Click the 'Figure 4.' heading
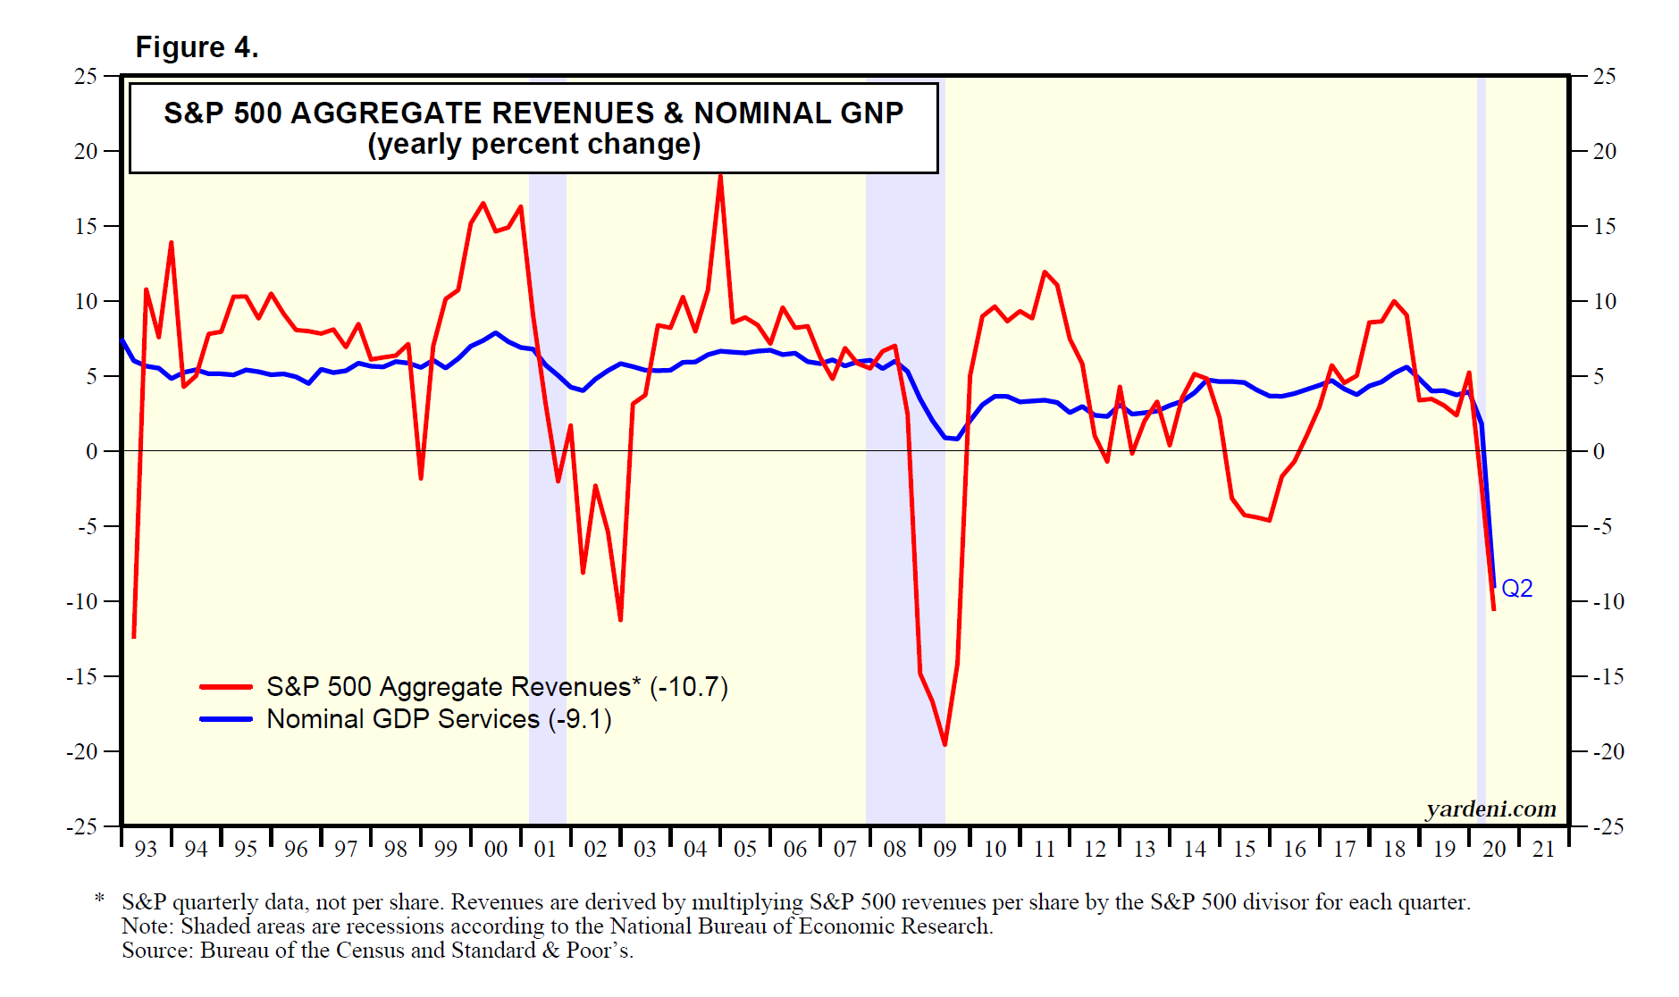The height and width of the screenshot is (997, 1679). [x=197, y=47]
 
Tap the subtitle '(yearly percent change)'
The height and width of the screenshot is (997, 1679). [x=533, y=145]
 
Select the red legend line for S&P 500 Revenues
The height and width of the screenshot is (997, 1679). [x=225, y=687]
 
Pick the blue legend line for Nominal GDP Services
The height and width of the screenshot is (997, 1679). [x=225, y=719]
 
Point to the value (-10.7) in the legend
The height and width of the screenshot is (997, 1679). [x=689, y=687]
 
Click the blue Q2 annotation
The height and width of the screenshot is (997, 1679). [x=1516, y=589]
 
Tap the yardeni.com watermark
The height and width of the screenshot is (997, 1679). [x=1490, y=808]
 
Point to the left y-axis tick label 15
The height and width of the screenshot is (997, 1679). [x=86, y=226]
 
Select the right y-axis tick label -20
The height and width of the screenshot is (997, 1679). [x=1608, y=751]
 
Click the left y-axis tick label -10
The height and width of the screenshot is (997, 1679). [x=82, y=601]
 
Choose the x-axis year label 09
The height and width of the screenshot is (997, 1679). [x=944, y=850]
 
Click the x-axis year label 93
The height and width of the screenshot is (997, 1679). [x=146, y=850]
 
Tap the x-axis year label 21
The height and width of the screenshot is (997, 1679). [x=1544, y=850]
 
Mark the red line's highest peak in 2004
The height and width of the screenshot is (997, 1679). [x=720, y=176]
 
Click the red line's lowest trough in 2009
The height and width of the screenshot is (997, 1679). [x=944, y=744]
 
